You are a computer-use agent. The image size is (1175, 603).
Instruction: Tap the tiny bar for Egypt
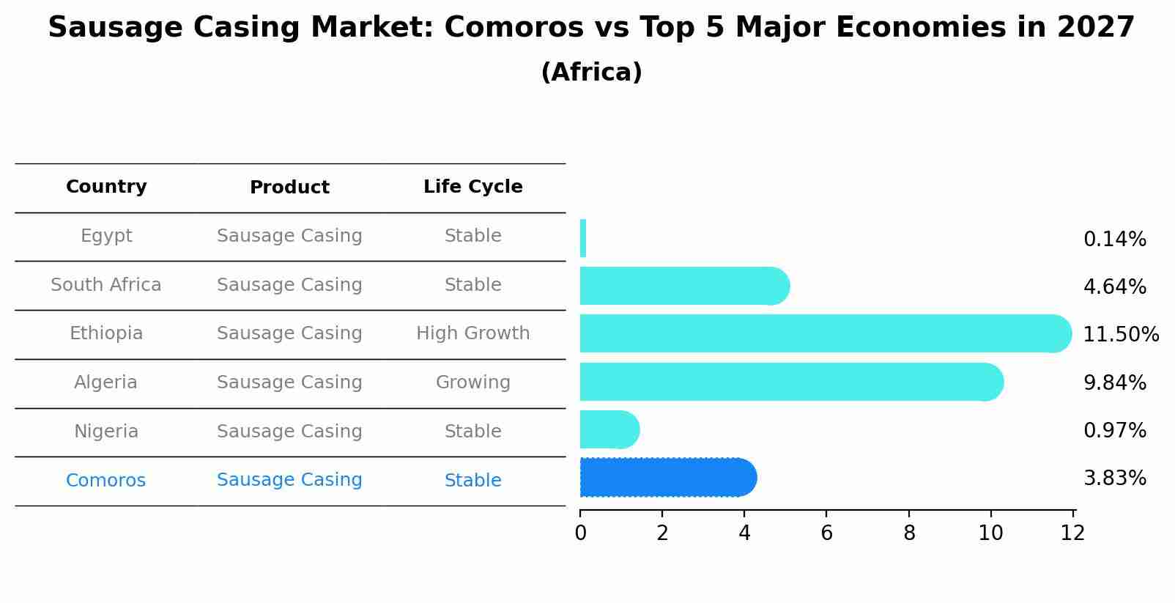pos(583,238)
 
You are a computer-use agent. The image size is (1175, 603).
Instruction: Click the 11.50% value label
pos(1120,335)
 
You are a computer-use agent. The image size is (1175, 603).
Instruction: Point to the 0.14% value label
pos(1114,240)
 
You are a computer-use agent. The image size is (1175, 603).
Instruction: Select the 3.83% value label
pos(1114,478)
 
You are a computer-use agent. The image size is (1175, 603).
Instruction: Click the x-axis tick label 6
pos(826,533)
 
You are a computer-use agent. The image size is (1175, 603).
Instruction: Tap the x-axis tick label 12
pos(1072,533)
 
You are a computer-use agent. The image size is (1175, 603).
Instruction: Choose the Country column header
pos(106,187)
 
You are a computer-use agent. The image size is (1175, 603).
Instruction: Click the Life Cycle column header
pos(472,187)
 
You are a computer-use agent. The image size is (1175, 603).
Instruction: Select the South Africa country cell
pos(106,285)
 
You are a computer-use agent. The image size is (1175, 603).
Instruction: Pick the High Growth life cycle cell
pos(472,333)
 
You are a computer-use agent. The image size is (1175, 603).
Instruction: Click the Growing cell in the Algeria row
pos(472,382)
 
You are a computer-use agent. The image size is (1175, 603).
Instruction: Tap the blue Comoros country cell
pos(106,481)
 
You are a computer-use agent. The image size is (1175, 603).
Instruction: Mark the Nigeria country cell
pos(106,432)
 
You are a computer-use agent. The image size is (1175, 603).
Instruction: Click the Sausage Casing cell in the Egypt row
pos(289,236)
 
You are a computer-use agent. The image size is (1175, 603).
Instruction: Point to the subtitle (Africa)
pos(591,73)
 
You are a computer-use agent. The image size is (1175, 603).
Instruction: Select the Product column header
pos(289,188)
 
